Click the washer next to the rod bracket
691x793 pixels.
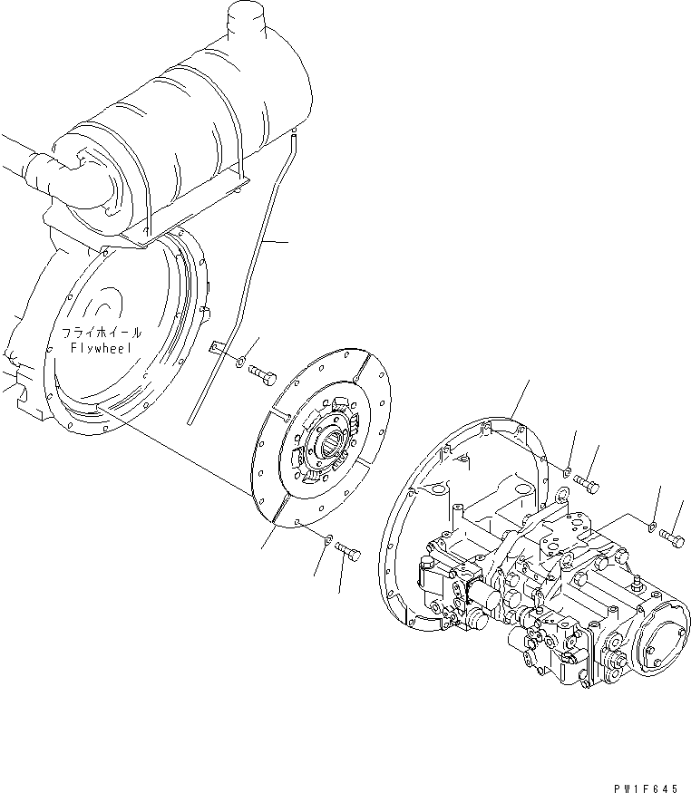point(238,364)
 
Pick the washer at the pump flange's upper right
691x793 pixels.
point(565,471)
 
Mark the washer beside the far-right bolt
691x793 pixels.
point(652,524)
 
